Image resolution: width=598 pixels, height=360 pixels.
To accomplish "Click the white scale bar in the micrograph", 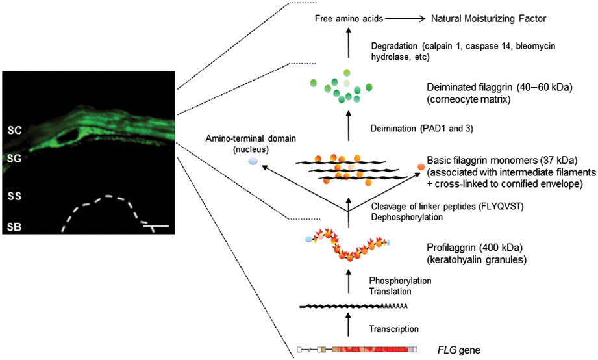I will tap(156, 226).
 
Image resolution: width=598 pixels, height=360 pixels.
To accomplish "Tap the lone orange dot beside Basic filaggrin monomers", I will tap(420, 167).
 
